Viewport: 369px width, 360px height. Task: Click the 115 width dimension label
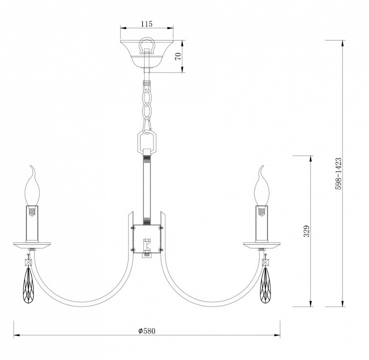(146, 23)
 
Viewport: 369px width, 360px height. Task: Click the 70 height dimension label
(177, 56)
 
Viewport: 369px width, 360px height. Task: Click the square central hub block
(147, 238)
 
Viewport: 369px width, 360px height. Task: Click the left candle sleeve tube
(32, 223)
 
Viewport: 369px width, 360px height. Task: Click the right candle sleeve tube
(262, 223)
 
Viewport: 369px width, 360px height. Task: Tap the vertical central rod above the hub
(147, 187)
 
